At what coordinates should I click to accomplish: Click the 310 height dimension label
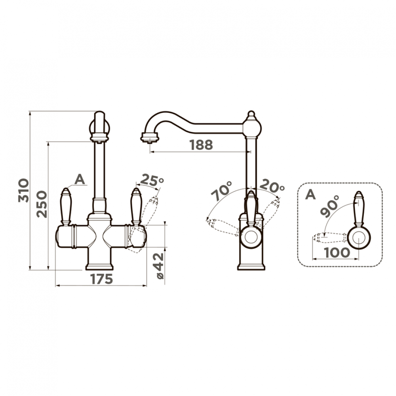24,190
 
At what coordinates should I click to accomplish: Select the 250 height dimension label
42,204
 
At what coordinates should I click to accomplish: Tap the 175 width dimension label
101,279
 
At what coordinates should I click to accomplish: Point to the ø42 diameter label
160,266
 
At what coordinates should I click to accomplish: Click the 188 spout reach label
201,145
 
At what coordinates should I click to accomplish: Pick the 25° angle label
152,180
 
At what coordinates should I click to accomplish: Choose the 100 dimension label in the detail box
337,252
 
